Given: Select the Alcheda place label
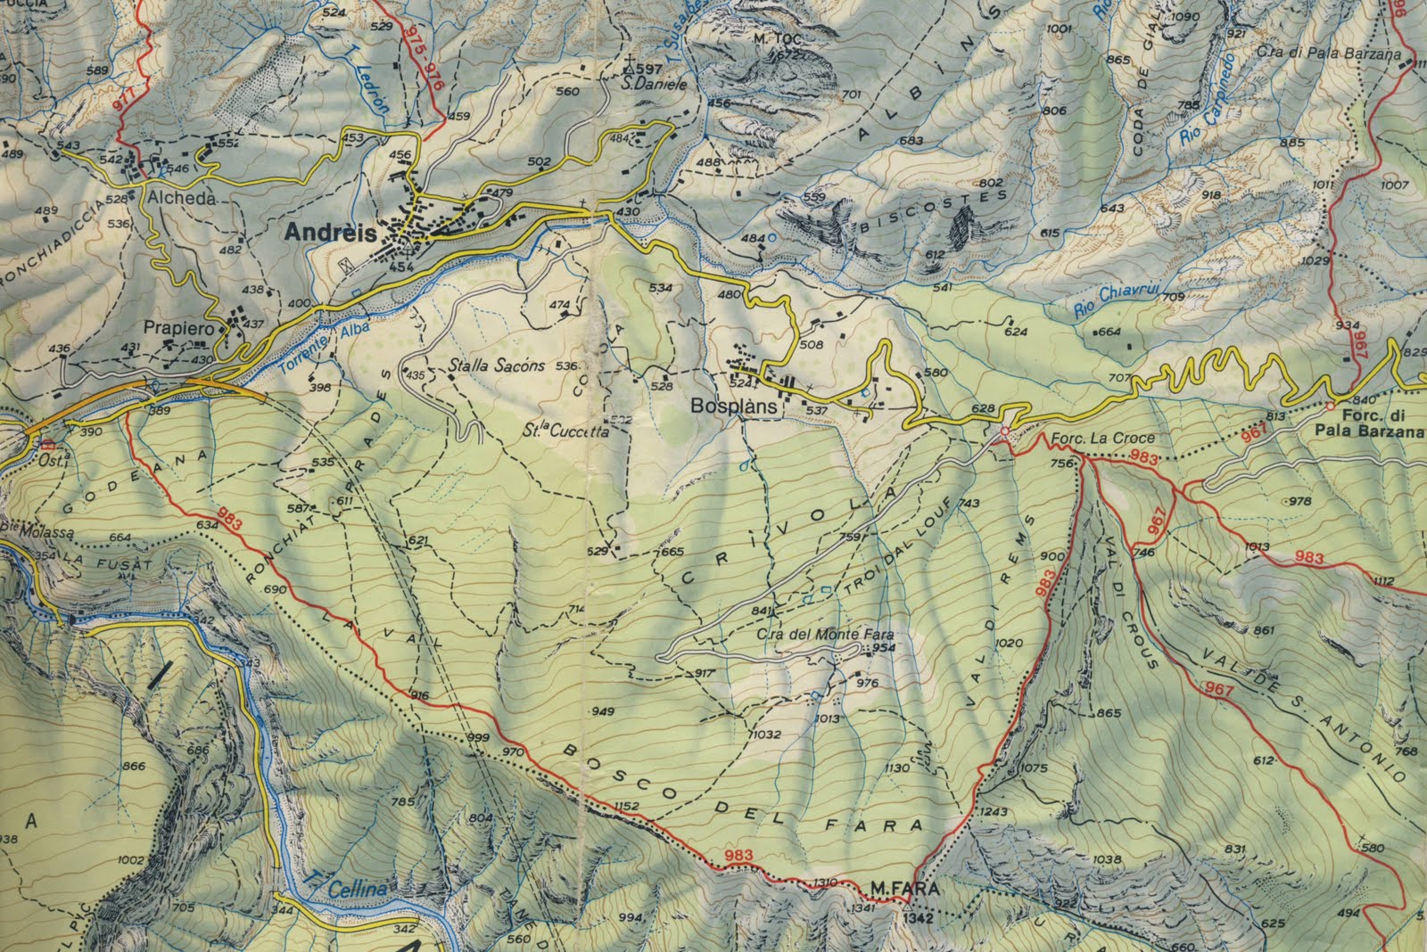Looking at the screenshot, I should pos(182,199).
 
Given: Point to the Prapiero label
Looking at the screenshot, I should pos(179,329).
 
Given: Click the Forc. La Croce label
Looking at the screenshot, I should pos(1102,438).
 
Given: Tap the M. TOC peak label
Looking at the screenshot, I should pos(772,38).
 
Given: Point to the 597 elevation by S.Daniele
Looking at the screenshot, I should pos(650,69).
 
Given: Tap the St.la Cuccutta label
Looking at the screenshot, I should pos(566,431).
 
